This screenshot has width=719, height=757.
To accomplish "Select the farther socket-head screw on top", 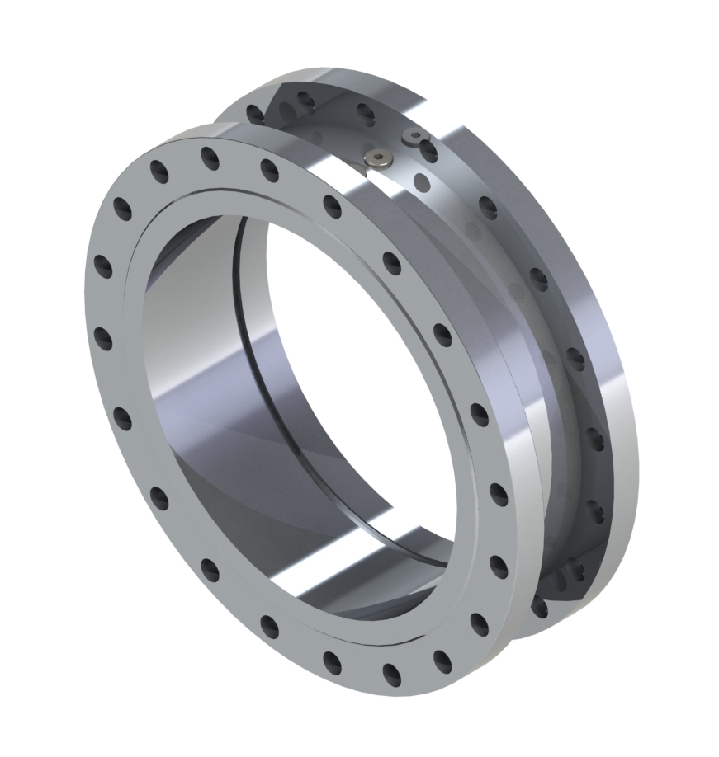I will pos(413,137).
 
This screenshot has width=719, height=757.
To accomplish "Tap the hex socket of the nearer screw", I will pos(378,158).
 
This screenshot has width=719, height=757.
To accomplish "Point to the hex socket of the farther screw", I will pos(413,135).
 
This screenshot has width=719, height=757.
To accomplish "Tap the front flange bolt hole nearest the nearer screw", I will pos(332,206).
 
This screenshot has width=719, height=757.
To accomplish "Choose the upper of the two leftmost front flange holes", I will pos(103,266).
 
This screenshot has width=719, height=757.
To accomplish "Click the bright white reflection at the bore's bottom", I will pos(347,577).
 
